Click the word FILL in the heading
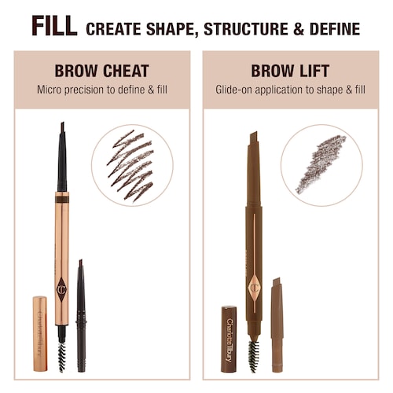pos(54,26)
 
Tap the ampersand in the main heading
pos(299,29)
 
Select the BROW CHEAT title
pos(101,71)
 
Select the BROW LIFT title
pos(290,71)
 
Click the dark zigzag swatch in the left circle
pos(130,166)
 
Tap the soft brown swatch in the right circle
pos(321,164)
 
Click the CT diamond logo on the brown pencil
pos(254,288)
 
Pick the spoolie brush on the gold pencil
pos(62,357)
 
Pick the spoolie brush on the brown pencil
pos(253,356)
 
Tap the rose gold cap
pos(40,333)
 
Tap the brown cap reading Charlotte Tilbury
pos(229,339)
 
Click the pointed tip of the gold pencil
pos(62,123)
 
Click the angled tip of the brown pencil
pos(254,133)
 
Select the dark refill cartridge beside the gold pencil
pos(81,315)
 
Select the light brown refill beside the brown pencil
pos(277,325)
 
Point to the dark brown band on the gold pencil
pos(62,200)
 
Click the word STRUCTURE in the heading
pos(245,29)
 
